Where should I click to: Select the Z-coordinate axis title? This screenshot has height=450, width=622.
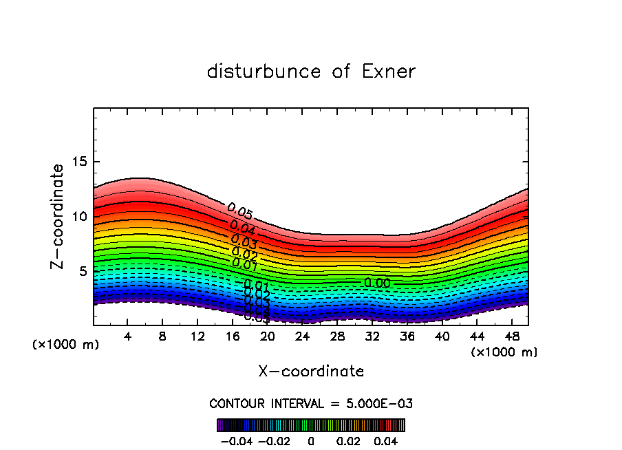click(x=58, y=215)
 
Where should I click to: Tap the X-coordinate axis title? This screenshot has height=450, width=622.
click(x=311, y=372)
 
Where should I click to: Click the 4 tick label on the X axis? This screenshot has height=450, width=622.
click(x=128, y=336)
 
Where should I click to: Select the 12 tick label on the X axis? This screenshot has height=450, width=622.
click(x=197, y=336)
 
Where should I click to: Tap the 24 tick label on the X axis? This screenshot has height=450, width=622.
click(x=302, y=336)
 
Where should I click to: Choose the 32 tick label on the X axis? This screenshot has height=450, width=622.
click(x=372, y=336)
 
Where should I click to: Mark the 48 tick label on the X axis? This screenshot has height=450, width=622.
click(x=511, y=336)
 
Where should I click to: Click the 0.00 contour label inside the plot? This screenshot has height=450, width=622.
click(x=378, y=283)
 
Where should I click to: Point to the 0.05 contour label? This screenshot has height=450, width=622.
click(x=239, y=211)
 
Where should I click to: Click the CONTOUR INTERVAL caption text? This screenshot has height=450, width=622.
click(x=311, y=403)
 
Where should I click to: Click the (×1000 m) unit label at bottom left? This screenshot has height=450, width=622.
click(x=66, y=345)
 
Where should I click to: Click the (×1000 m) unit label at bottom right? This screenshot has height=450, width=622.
click(x=504, y=352)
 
